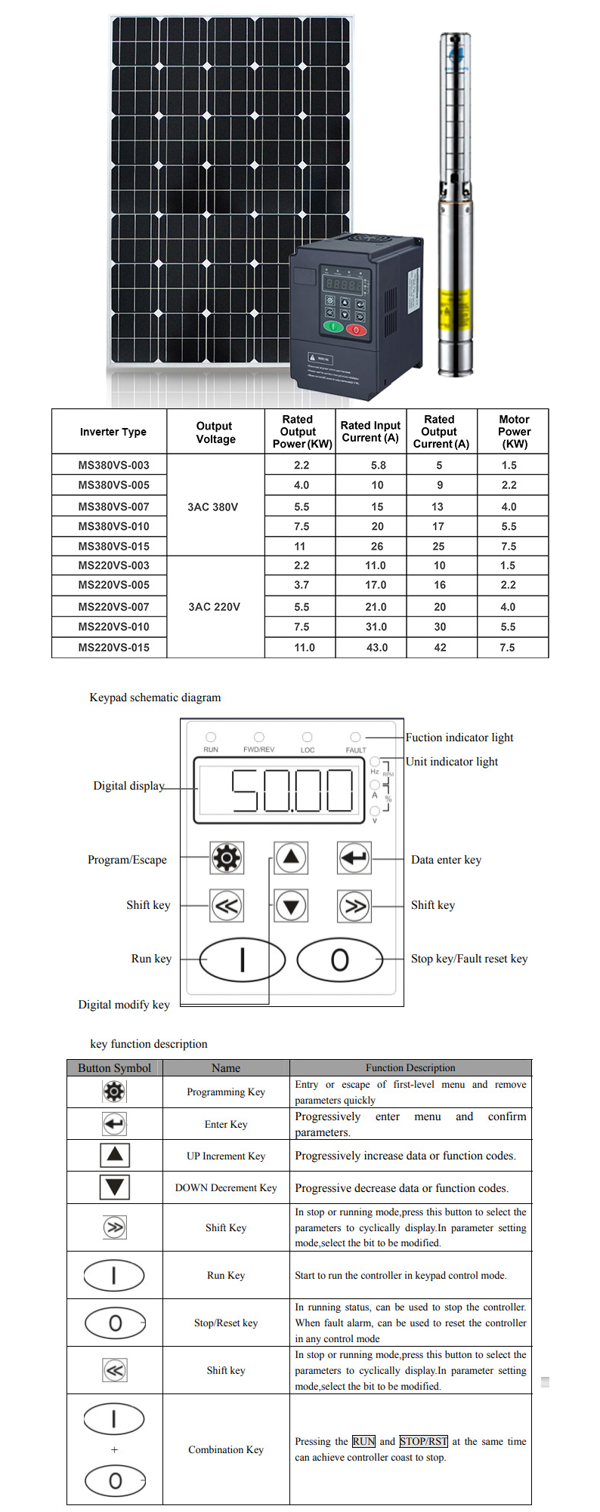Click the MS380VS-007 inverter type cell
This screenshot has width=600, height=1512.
tap(114, 507)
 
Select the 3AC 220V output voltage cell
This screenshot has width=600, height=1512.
tap(215, 607)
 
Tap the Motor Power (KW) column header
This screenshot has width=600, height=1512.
tap(514, 432)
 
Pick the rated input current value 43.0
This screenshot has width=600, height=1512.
tap(377, 648)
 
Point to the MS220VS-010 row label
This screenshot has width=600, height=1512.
tap(114, 627)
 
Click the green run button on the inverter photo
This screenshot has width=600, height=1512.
tap(332, 327)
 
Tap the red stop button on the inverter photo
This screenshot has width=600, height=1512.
tap(356, 329)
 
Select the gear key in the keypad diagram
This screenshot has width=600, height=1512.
tap(227, 858)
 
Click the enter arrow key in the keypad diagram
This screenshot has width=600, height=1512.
tap(354, 858)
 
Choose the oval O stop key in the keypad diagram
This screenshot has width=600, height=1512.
tap(339, 959)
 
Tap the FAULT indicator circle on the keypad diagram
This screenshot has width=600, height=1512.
tap(355, 737)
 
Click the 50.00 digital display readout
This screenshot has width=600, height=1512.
tap(292, 790)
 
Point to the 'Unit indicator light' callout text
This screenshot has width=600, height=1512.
tap(452, 762)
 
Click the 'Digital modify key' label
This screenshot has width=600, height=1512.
tap(124, 1005)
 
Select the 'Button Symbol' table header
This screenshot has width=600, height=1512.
tap(115, 1068)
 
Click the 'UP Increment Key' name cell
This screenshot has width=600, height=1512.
tap(226, 1156)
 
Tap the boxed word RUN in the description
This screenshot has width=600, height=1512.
tap(363, 1441)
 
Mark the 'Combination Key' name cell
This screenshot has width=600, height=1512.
tap(226, 1449)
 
